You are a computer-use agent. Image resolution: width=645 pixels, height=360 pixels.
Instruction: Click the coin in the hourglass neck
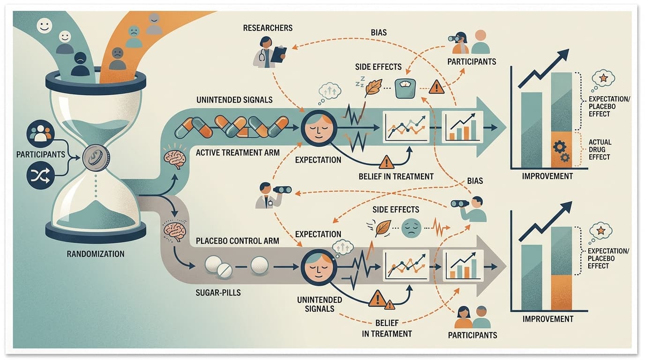click(96, 158)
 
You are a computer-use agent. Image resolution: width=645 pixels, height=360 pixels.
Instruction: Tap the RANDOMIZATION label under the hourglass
click(96, 254)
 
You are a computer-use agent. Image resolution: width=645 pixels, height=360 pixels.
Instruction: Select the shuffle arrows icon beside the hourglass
click(40, 175)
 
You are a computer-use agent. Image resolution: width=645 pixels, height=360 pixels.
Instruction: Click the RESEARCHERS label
click(268, 28)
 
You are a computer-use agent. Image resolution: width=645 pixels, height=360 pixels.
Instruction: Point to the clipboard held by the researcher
click(278, 55)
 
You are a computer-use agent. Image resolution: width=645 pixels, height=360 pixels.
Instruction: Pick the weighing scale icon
click(405, 89)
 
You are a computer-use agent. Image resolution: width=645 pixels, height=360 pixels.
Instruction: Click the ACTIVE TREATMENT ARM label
click(238, 153)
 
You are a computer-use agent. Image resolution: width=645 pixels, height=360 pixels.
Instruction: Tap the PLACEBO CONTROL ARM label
click(237, 241)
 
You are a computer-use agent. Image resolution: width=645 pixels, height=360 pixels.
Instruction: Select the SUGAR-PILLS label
click(218, 293)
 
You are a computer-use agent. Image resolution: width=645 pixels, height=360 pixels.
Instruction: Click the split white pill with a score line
click(225, 271)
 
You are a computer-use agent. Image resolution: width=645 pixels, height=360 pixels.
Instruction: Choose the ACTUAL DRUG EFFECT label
click(600, 150)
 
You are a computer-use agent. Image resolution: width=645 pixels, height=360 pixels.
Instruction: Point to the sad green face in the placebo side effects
click(411, 228)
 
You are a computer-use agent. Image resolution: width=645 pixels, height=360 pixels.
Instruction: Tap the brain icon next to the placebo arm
click(174, 231)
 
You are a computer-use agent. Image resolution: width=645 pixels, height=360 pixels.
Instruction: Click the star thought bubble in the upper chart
click(603, 78)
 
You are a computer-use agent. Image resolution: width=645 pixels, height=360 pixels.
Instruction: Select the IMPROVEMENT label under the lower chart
click(547, 319)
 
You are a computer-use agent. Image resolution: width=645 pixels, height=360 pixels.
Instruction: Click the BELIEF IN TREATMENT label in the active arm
click(396, 177)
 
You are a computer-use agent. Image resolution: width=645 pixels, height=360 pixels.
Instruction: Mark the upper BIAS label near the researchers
click(379, 32)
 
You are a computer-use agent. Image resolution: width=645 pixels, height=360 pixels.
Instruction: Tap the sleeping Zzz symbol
click(360, 82)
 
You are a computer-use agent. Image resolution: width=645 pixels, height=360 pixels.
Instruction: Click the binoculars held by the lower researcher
click(282, 189)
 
